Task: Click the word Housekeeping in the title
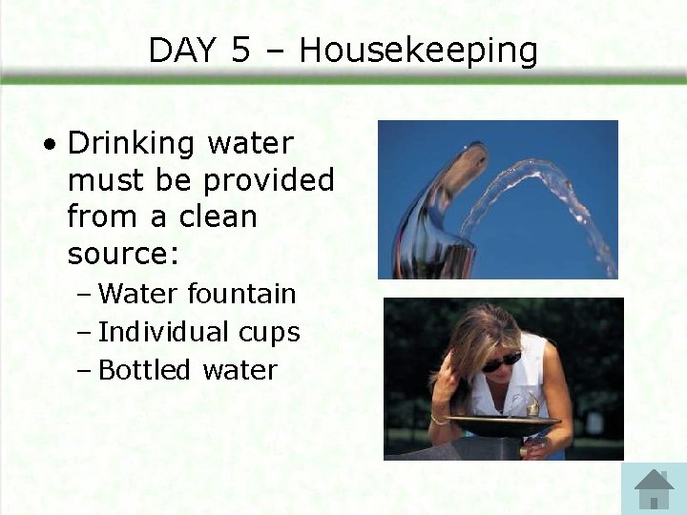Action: [418, 51]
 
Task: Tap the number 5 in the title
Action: [240, 51]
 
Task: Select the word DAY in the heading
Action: [182, 51]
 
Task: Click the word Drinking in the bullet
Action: [132, 144]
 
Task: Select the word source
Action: [119, 254]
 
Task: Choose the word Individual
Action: [162, 333]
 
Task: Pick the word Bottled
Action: [144, 370]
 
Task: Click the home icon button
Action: [654, 488]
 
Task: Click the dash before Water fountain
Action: [83, 294]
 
